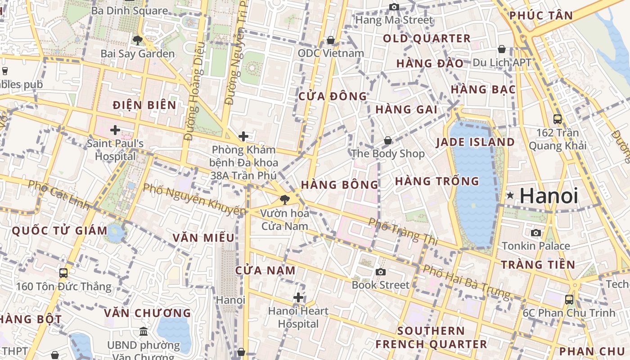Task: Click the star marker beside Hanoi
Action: (x=510, y=195)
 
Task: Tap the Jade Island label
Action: (x=475, y=142)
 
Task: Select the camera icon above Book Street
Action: (x=381, y=272)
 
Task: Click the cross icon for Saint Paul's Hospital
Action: (x=115, y=130)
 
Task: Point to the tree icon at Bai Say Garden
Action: (x=138, y=40)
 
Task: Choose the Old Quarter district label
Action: (x=427, y=39)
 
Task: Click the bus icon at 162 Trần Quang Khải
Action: (x=558, y=119)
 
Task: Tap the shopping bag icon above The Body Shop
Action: (x=388, y=140)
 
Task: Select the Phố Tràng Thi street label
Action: (x=403, y=231)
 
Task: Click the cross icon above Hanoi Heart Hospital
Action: (x=298, y=297)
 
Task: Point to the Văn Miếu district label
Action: (x=204, y=238)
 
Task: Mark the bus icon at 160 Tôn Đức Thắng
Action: (x=63, y=273)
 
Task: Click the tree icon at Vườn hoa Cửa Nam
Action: (x=284, y=199)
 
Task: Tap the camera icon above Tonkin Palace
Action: (x=536, y=233)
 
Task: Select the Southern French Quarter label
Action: (x=431, y=337)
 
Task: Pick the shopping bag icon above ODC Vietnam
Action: (x=331, y=40)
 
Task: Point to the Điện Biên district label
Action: (x=144, y=105)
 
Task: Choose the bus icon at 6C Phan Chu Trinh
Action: (x=569, y=299)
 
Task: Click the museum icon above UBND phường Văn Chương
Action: (x=143, y=332)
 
